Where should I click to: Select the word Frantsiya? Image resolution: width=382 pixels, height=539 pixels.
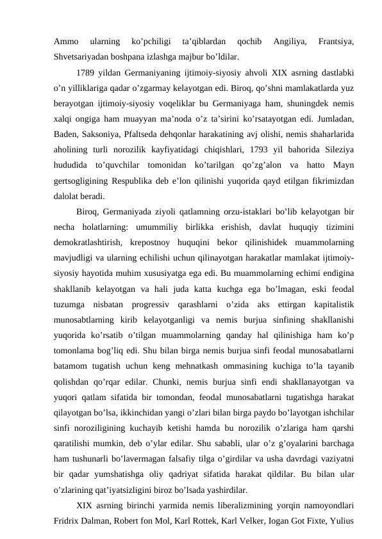(336, 42)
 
